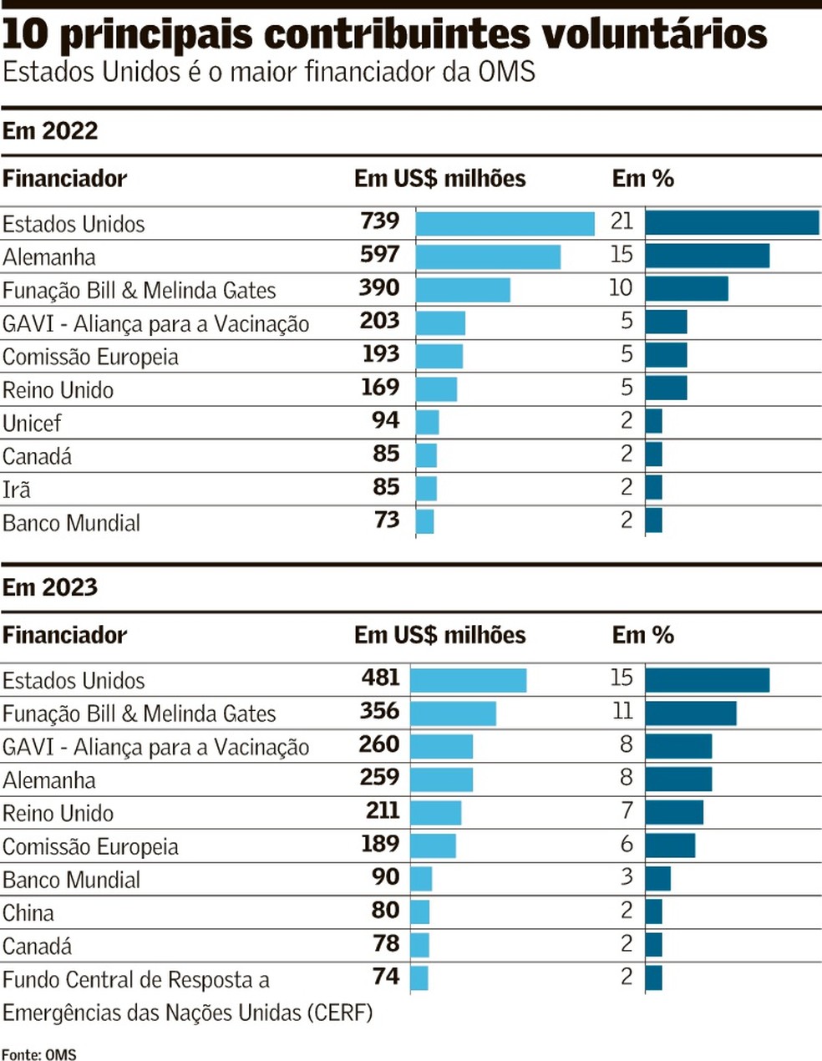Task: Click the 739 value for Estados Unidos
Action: (379, 221)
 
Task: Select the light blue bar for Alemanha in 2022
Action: (488, 256)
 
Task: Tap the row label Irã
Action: (17, 490)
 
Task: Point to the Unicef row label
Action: (32, 423)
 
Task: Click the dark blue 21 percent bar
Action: (732, 222)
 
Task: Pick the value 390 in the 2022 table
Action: (379, 288)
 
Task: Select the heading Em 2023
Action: (50, 587)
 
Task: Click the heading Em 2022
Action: (50, 131)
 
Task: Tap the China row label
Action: (28, 913)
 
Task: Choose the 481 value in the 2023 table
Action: (381, 678)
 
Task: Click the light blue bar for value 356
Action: (454, 713)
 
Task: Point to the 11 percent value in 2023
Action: (622, 711)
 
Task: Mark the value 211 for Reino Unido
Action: (383, 810)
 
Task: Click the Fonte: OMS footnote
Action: (39, 1054)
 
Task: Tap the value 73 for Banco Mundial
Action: (387, 520)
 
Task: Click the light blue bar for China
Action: (420, 912)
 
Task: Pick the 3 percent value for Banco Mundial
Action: (627, 877)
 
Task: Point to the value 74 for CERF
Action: (386, 977)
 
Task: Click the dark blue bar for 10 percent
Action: (687, 289)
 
